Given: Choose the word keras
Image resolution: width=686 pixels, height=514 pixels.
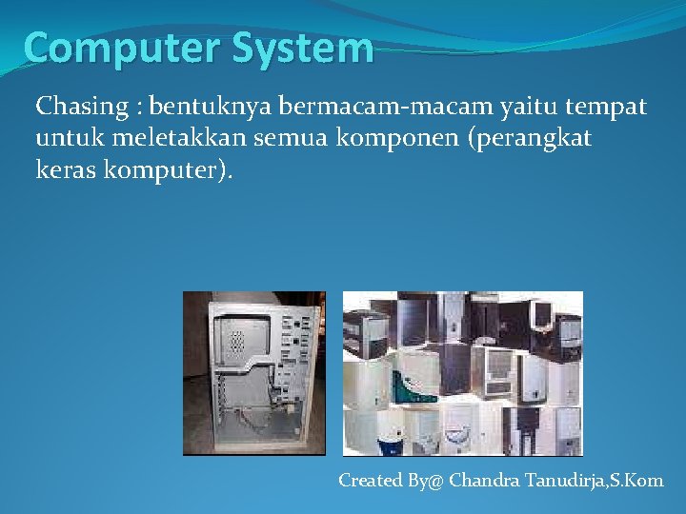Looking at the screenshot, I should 64,172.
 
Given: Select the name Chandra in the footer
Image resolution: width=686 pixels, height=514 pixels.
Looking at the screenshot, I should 484,481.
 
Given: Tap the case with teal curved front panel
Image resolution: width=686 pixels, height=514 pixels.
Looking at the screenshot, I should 412,386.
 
